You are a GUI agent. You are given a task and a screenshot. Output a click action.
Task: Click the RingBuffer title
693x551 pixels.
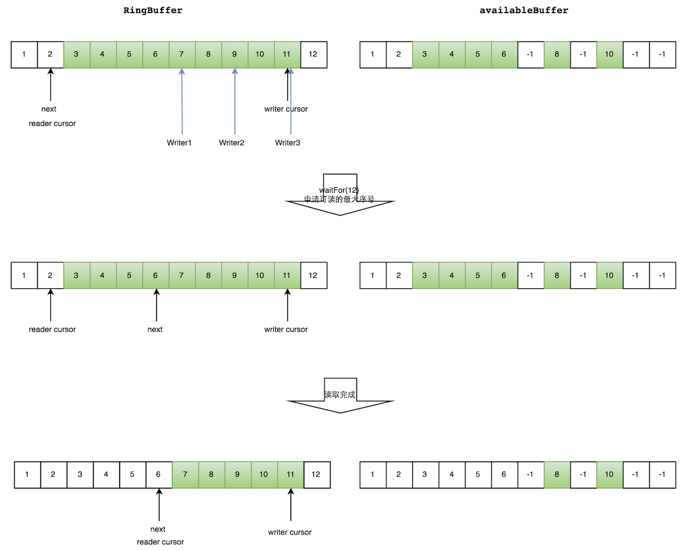[153, 10]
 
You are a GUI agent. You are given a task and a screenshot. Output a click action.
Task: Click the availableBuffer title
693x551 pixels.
[524, 10]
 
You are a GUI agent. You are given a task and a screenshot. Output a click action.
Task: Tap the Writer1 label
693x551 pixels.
[179, 142]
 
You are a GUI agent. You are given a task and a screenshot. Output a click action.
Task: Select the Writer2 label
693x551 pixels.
[232, 142]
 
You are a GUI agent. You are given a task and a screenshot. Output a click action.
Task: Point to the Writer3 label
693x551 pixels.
[287, 142]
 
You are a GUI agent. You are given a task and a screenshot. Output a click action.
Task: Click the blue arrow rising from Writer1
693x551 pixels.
[182, 102]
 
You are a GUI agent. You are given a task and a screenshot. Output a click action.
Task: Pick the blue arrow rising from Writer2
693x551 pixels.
[235, 102]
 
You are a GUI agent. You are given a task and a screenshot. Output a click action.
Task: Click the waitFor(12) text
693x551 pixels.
[339, 190]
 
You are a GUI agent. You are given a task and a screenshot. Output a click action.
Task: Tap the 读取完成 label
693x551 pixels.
[340, 395]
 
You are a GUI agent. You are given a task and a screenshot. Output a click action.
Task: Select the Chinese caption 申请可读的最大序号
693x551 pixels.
[339, 199]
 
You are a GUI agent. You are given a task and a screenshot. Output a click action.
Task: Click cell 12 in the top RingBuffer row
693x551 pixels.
[313, 54]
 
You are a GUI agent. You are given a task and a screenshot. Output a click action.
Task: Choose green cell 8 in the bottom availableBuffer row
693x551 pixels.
[557, 474]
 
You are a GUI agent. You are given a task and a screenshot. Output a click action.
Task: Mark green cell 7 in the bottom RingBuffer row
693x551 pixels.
[185, 474]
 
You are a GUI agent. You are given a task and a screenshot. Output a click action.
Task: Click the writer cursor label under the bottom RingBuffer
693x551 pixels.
[290, 532]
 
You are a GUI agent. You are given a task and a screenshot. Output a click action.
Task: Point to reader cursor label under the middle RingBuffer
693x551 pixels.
[52, 330]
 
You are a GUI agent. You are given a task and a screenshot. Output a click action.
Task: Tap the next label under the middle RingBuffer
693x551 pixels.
[155, 330]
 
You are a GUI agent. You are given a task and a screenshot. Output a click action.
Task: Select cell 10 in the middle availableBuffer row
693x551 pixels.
[609, 275]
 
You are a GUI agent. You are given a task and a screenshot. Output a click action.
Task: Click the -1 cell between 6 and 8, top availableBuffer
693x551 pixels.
[530, 54]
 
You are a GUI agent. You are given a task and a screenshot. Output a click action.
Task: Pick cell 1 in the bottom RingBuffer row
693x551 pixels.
[27, 474]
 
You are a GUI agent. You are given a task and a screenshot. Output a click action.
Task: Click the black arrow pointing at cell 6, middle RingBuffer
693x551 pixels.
[157, 305]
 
